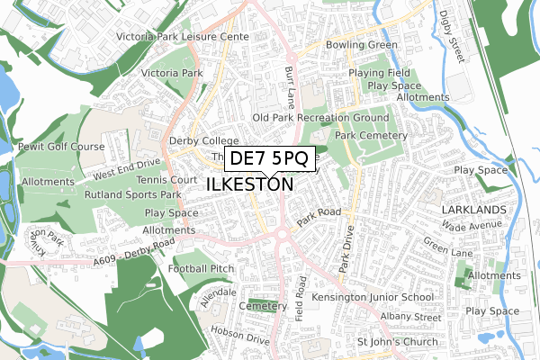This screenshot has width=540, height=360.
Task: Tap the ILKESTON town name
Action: tap(250, 184)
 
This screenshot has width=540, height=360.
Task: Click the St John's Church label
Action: tap(397, 342)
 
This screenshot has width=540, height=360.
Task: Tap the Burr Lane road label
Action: tap(290, 80)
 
